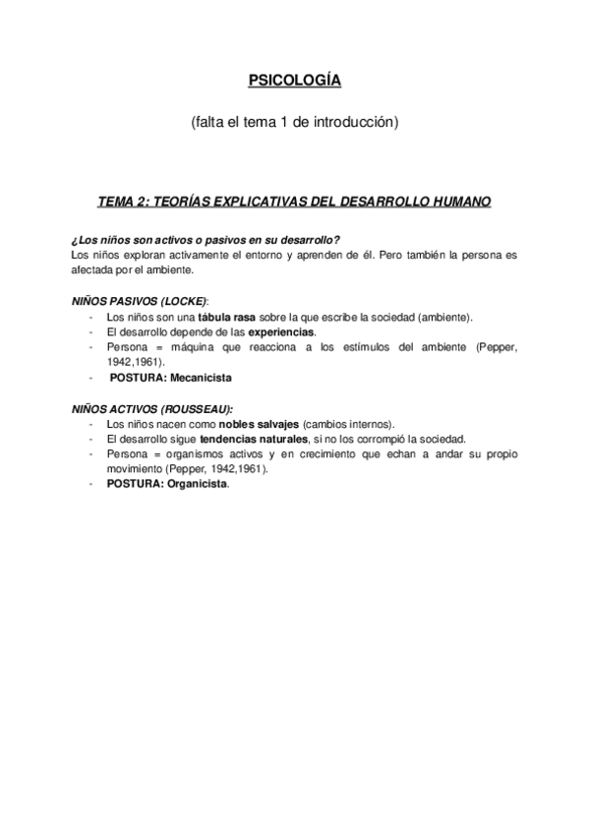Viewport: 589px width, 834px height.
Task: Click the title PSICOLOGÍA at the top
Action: (294, 82)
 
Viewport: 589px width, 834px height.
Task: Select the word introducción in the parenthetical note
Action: (355, 123)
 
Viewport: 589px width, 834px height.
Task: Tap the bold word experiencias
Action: (281, 331)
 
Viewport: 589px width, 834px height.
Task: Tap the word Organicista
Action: (199, 484)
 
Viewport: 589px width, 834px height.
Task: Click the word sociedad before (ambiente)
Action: (381, 317)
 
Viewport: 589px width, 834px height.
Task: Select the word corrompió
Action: (369, 439)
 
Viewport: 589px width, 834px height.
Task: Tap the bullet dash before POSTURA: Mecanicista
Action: (90, 378)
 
